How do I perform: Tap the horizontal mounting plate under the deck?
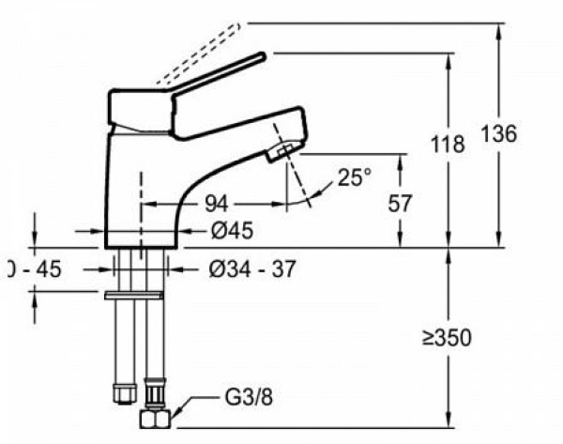[x=137, y=295]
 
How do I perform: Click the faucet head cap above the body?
[x=141, y=108]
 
